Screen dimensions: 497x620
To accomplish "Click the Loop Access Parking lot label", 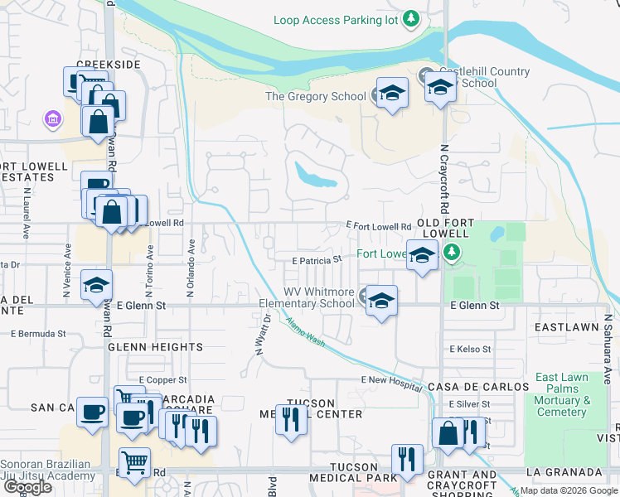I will (x=337, y=19).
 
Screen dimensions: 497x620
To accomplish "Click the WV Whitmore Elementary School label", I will (x=308, y=297).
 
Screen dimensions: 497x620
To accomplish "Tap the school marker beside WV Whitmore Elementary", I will (x=381, y=301).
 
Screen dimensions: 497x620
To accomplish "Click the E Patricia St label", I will (x=317, y=260).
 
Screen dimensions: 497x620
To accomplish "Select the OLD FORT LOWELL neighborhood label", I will (x=450, y=224).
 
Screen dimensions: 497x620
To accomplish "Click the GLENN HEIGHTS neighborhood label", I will (x=155, y=347).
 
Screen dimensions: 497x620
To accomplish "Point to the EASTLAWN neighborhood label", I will (x=567, y=327).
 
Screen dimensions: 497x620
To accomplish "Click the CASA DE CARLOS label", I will (x=478, y=387).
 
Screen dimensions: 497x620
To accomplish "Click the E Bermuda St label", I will (x=38, y=334).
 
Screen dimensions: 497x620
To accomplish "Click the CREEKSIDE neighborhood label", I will (x=108, y=64).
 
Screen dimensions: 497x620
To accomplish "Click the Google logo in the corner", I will (x=27, y=487).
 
